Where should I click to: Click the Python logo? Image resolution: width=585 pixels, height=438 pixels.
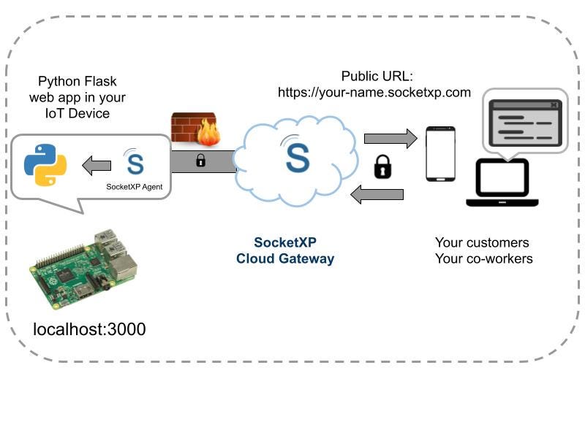pos(45,165)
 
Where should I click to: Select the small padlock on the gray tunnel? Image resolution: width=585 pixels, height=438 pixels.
pos(200,161)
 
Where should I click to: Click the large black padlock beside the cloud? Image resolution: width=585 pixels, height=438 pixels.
pos(382,167)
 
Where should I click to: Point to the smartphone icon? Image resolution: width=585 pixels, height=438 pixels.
pos(441,154)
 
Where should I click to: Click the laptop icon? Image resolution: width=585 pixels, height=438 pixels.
pos(502,182)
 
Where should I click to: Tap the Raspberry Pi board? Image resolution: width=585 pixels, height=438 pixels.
pos(83,269)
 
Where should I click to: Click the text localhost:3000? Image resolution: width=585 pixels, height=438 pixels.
pos(89,329)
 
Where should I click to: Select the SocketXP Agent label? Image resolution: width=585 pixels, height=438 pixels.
pos(135,187)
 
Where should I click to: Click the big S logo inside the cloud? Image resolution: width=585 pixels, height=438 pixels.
pos(298,158)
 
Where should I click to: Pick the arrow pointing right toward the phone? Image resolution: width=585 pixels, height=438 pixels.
pos(390,139)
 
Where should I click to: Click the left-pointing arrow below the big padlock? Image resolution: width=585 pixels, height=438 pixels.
pos(377,194)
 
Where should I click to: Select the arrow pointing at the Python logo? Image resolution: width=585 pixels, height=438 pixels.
pos(97,166)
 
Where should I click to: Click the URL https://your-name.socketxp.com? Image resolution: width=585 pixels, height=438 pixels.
pos(374,93)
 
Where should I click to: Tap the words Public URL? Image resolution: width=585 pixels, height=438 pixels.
pos(377,77)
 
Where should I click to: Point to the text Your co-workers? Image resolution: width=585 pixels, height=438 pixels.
pos(484,258)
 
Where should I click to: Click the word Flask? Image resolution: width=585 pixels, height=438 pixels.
pos(99,81)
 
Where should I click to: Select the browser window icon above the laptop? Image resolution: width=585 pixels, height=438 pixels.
pos(525,123)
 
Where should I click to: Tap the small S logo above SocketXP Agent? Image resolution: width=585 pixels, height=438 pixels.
pos(135,162)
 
